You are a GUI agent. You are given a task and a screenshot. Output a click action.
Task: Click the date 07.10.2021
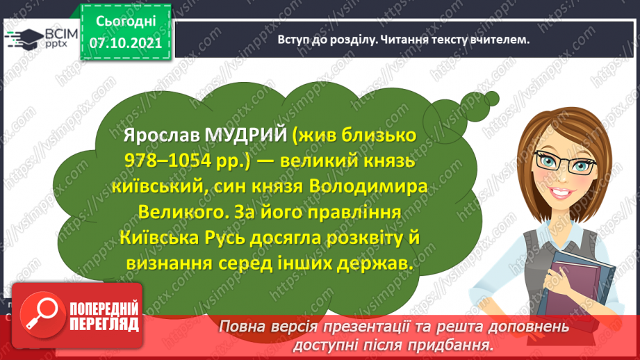coord(126,43)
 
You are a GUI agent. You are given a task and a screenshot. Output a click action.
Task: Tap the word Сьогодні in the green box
coord(126,22)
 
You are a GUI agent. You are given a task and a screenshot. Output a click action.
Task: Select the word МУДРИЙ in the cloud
coord(246,135)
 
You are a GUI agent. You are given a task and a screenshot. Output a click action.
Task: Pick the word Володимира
coord(368,186)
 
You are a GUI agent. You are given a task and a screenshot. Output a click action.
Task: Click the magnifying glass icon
coord(42,315)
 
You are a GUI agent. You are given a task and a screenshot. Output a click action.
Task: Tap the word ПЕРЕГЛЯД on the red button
coord(104,325)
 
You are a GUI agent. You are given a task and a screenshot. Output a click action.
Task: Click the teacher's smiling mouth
coord(560,193)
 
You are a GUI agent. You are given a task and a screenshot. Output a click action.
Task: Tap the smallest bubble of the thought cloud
coord(492,99)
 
